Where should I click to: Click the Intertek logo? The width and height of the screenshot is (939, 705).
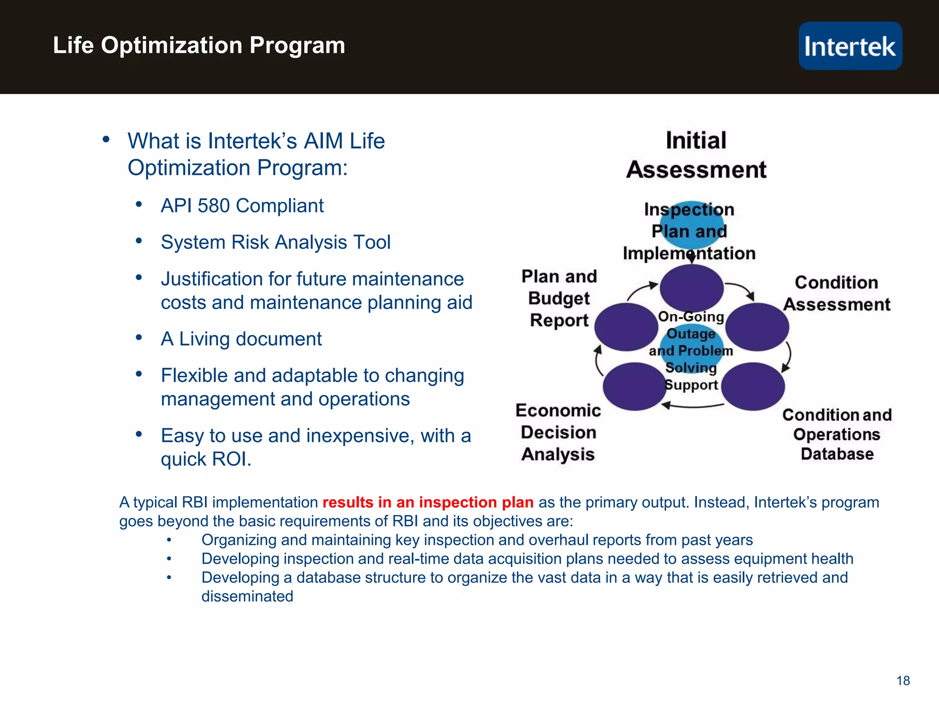coord(850,46)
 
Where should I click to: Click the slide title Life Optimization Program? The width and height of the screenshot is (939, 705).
coord(199,45)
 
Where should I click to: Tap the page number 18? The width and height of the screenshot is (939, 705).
coord(903,680)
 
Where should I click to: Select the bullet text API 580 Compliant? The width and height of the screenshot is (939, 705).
coord(242,206)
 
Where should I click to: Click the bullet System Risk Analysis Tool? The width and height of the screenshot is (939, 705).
coord(276,242)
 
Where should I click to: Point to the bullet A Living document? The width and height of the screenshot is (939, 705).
coord(241,339)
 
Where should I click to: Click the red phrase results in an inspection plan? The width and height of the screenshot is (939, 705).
coord(428,502)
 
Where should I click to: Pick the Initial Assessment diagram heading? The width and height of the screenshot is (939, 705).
coord(696,155)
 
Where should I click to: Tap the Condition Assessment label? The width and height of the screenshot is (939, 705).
coord(836,293)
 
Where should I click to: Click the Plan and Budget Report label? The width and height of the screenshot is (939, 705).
coord(559,298)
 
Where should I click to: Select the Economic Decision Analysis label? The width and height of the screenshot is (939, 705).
coord(558,432)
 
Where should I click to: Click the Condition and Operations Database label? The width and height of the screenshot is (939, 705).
coord(837,434)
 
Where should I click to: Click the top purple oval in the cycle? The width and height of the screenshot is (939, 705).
coord(691,288)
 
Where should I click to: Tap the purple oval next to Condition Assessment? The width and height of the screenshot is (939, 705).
coord(757,327)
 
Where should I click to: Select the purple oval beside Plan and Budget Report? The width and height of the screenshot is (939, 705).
coord(626,327)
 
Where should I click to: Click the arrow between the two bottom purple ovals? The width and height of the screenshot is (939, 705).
coord(692,406)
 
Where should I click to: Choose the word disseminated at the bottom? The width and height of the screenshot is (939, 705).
coord(247,596)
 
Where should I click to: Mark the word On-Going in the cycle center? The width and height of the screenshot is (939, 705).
coord(691,317)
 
